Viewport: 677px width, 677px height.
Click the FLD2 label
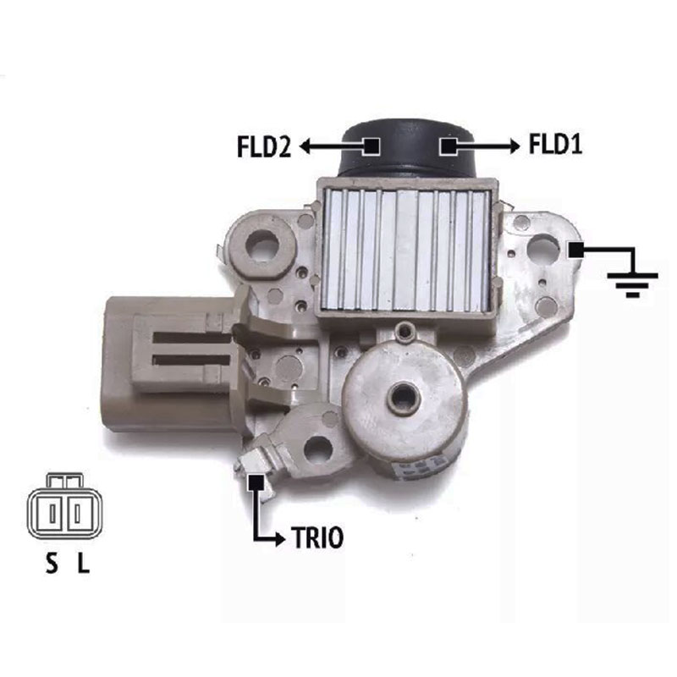pos(264,146)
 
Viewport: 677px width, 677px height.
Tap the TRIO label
pos(318,538)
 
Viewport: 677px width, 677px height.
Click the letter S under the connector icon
pos(52,563)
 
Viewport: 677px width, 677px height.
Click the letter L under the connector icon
pos(83,563)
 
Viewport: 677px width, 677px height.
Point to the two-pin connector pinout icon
pos(65,506)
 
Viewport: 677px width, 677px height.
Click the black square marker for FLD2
pos(372,146)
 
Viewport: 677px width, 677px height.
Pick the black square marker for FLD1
pos(448,146)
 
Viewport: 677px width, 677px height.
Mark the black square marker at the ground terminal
pos(576,250)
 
